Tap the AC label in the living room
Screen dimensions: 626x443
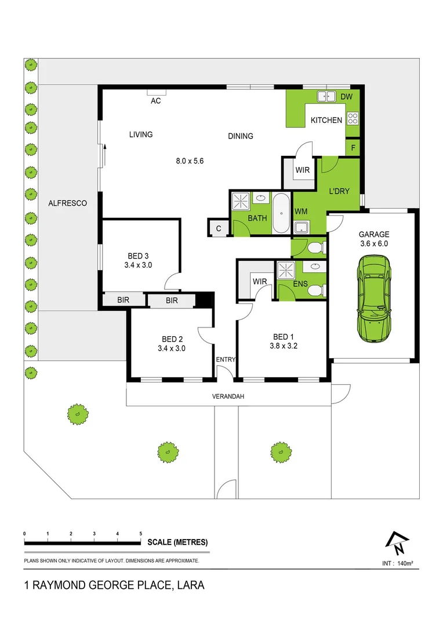tap(155, 101)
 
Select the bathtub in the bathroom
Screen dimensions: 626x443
tap(281, 213)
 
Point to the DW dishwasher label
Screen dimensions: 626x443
tap(346, 97)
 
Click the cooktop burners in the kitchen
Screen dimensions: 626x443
tap(353, 119)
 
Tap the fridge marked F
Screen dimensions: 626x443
tap(353, 147)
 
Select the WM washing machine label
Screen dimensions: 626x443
tap(301, 212)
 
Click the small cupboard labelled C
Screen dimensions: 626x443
tap(219, 228)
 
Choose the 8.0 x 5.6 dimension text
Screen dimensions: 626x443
tap(190, 161)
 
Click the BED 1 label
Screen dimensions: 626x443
tap(284, 337)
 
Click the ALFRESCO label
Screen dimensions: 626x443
tap(67, 203)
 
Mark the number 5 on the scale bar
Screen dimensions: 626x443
tap(141, 533)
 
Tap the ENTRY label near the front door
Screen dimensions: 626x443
tap(226, 359)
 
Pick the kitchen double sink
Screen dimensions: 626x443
tap(326, 97)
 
